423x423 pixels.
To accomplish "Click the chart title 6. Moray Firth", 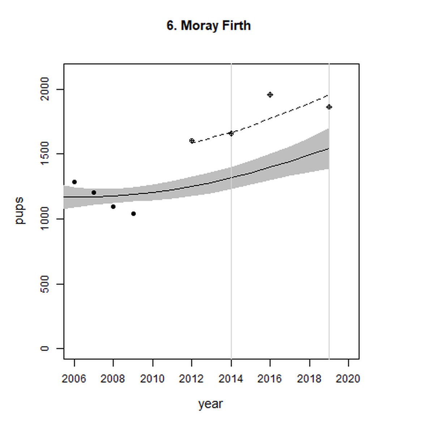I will tap(209, 26).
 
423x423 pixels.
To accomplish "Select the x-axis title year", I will tap(210, 404).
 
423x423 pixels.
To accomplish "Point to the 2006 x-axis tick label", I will tap(74, 379).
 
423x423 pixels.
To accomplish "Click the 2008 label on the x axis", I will tap(113, 379).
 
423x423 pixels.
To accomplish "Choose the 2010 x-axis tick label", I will tap(152, 379).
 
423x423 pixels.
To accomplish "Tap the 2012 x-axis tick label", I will tap(191, 379).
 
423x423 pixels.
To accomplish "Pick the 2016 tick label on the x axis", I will tap(270, 379).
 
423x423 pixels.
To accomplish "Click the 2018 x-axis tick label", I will tap(309, 379).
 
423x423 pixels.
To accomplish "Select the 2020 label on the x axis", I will tap(348, 379).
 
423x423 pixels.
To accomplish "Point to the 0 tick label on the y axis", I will tap(45, 348).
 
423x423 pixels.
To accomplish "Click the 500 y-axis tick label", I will tap(45, 284).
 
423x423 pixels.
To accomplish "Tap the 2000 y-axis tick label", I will tap(45, 89).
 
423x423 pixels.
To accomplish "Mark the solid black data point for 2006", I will tap(74, 182).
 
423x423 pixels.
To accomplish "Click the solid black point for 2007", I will tap(94, 192).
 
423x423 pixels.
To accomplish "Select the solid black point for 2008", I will tap(113, 206).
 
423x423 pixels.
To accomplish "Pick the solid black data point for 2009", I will tap(133, 214).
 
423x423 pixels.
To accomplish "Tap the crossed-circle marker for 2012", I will tap(192, 141).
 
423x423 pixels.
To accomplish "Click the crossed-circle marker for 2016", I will tap(270, 95).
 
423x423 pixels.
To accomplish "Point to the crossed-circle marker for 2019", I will tap(329, 107).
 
